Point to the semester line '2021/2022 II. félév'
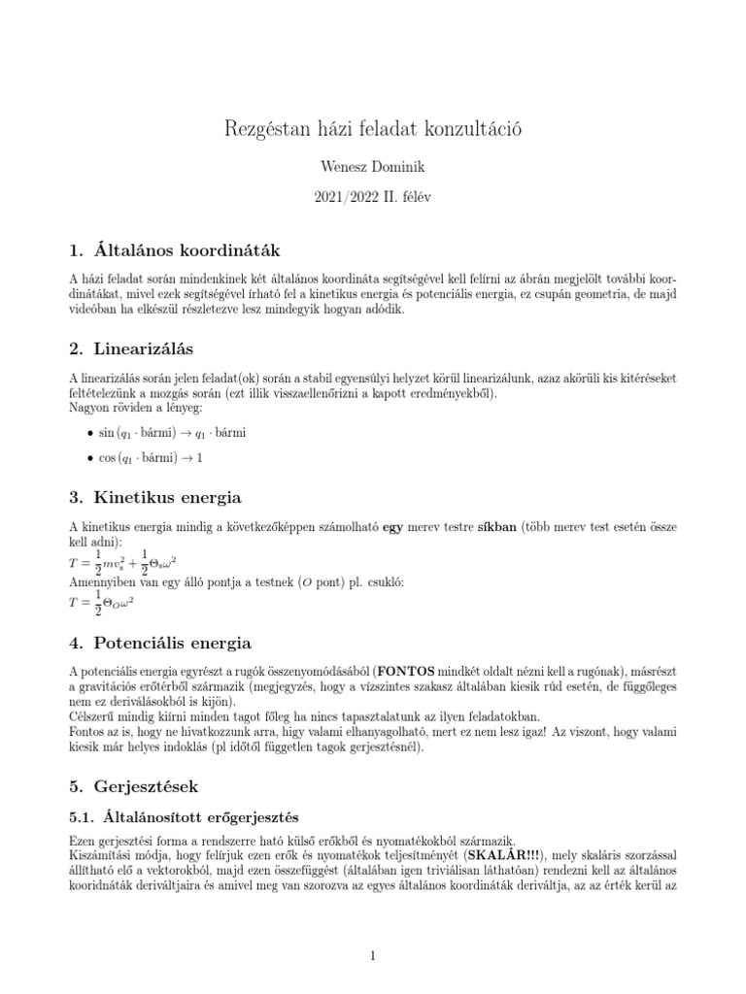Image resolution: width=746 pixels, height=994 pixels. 372,196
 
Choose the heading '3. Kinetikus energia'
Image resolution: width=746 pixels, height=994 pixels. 155,498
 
